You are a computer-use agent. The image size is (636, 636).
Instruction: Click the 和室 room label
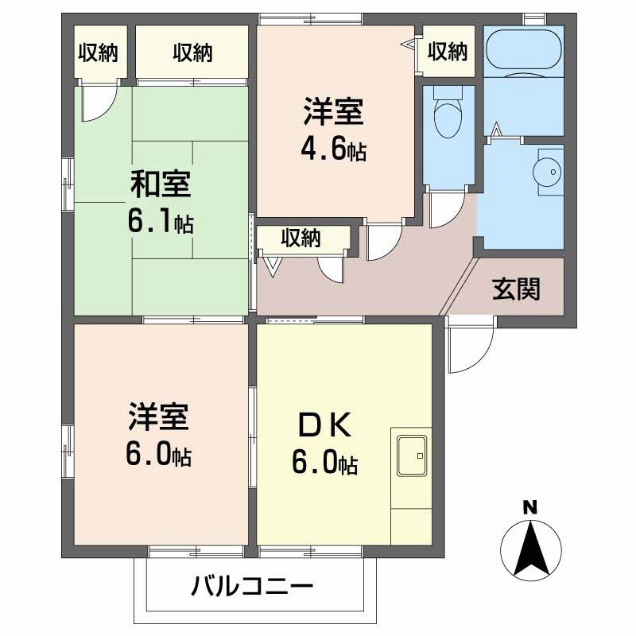[x=161, y=184]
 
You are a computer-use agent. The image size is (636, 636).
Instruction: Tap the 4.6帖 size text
[x=333, y=150]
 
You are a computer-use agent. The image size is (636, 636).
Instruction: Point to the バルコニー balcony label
[x=253, y=589]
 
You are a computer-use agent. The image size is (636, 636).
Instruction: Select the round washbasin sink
[x=546, y=171]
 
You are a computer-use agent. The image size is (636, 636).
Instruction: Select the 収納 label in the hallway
[x=301, y=237]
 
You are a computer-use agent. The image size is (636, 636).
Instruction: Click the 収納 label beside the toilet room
[x=447, y=52]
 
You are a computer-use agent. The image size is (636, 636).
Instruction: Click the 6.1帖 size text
[x=161, y=220]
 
